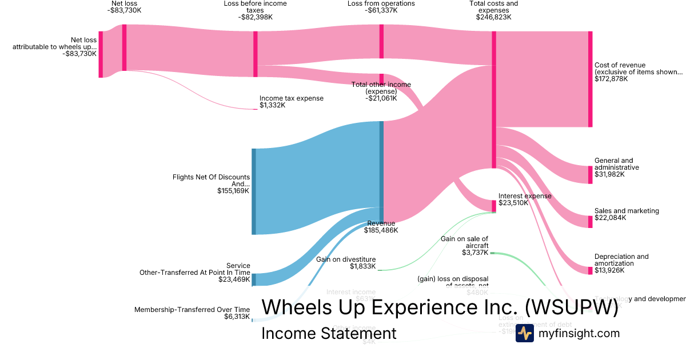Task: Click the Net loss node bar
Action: coord(124,47)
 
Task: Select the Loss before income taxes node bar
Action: coord(256,54)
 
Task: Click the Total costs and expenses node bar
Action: coord(494,99)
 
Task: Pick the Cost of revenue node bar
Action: coord(590,79)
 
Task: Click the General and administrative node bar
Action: coord(590,174)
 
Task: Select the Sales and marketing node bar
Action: coord(590,221)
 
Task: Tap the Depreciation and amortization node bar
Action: coord(590,270)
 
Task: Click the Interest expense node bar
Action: coord(494,206)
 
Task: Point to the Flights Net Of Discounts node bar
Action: coord(254,191)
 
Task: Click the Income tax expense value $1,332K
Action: coord(272,105)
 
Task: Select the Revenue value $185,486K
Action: coord(381,230)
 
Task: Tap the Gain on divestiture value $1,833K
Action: coord(363,266)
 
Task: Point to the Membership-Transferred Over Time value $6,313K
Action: coord(237,316)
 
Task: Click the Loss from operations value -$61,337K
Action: coord(381,10)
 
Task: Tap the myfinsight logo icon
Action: coord(524,333)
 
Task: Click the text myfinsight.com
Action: coord(579,333)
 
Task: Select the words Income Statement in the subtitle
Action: coord(329,333)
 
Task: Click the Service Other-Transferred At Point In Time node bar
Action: coord(254,279)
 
